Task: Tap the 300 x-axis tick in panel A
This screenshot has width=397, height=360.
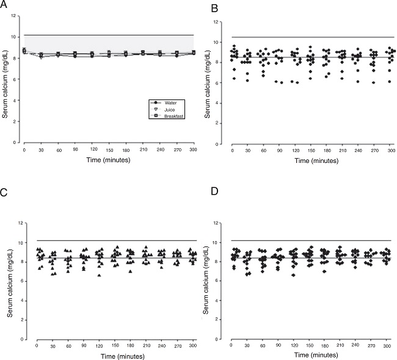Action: pos(193,149)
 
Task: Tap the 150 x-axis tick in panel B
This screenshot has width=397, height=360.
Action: pos(311,149)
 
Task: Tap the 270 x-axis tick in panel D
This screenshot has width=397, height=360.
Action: pos(368,345)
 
